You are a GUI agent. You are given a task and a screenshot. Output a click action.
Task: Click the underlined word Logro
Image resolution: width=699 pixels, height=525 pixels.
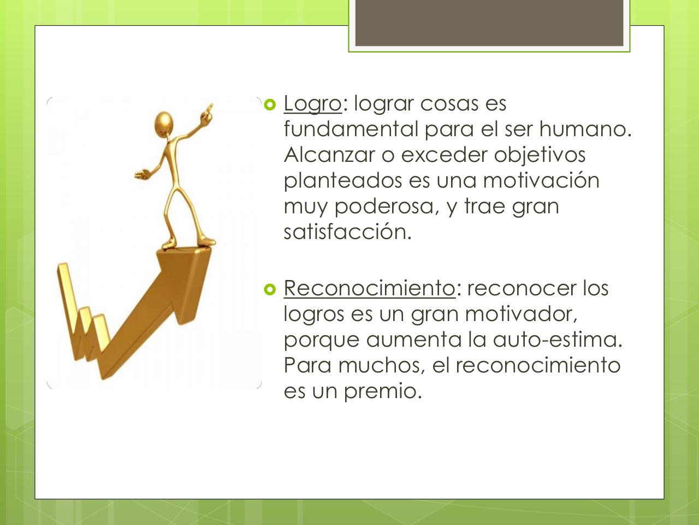(313, 103)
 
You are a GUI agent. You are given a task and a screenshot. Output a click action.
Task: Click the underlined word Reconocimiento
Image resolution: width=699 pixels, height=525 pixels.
(370, 288)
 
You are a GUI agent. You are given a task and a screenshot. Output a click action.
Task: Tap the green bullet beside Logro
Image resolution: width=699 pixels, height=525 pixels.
(270, 104)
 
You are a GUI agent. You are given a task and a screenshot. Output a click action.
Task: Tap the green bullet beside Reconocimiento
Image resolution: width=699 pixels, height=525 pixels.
(270, 289)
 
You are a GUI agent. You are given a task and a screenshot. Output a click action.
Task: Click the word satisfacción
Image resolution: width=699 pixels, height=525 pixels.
(348, 232)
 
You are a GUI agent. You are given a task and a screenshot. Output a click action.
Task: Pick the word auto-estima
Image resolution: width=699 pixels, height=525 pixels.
(558, 339)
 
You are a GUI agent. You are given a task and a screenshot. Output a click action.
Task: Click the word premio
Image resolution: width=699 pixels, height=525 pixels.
(383, 392)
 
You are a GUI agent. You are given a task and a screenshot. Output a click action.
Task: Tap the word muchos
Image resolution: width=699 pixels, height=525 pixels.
(382, 365)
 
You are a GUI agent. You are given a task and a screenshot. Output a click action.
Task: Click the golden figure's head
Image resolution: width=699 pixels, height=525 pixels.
(164, 122)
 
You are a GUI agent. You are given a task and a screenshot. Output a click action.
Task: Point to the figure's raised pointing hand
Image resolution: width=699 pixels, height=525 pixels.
(206, 114)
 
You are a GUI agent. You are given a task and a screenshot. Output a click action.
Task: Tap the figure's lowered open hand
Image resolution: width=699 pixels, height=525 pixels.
(142, 174)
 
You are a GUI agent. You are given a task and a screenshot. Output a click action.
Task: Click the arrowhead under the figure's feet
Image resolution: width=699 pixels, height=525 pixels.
(184, 281)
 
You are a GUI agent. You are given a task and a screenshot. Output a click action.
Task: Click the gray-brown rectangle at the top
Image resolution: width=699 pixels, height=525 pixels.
(489, 23)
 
